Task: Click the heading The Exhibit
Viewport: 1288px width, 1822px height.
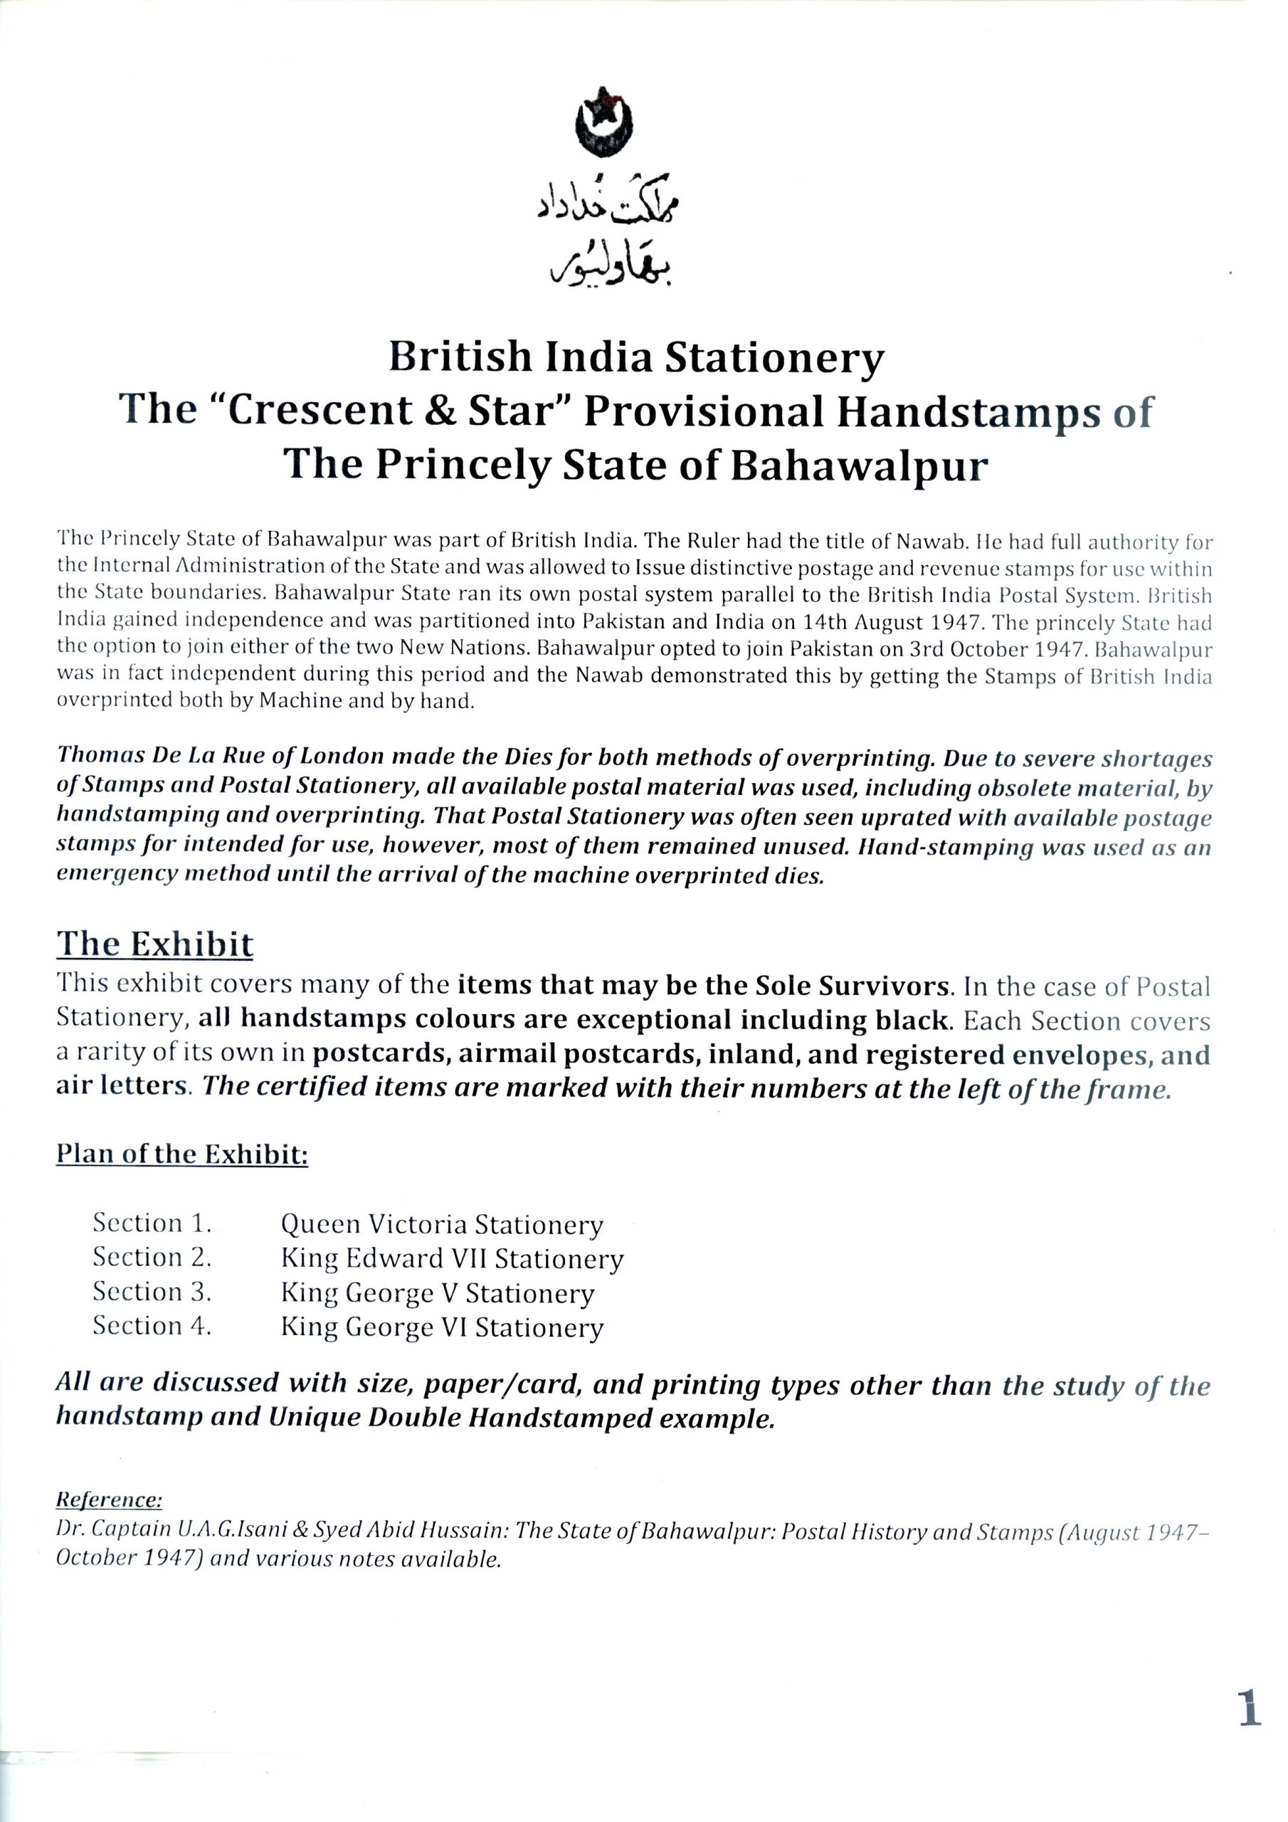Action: [x=154, y=944]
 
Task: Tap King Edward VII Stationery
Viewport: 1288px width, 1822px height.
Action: [x=453, y=1258]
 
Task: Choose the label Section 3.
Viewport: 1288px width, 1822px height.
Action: [x=152, y=1292]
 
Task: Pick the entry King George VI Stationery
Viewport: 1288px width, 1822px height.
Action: [x=442, y=1327]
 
